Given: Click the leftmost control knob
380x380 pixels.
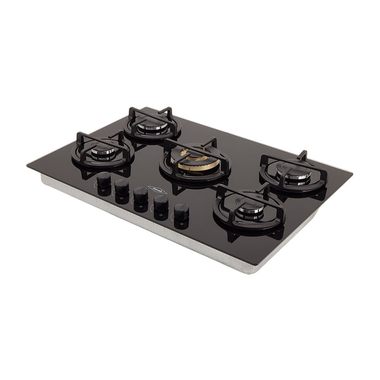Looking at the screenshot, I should point(104,181).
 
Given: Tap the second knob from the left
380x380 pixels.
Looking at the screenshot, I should point(122,187).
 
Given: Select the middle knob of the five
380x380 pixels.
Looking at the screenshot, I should point(141,194).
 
